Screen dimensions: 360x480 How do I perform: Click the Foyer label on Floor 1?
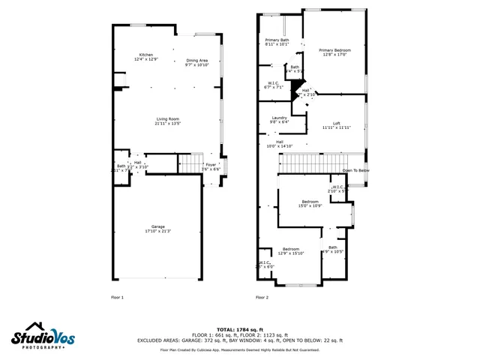(x=211, y=166)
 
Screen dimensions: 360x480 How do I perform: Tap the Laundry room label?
(x=279, y=119)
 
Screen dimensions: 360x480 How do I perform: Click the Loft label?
(x=337, y=125)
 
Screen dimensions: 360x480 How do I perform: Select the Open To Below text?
(x=355, y=170)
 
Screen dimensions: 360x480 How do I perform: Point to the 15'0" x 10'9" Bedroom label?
(x=310, y=203)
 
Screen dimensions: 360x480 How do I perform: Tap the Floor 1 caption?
(x=117, y=298)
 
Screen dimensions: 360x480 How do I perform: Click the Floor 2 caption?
(x=262, y=298)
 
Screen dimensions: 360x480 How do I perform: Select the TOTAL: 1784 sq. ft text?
(x=239, y=329)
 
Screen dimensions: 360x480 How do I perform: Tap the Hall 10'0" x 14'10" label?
(x=279, y=144)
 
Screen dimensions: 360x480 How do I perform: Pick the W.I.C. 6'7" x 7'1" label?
(x=274, y=85)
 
